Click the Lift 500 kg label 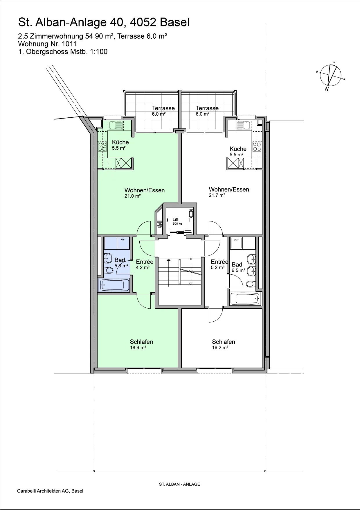177,221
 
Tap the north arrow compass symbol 330,76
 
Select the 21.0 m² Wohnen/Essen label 145,193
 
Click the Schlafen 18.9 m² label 141,344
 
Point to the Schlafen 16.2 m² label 223,344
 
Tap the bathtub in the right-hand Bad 245,299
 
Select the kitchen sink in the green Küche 116,126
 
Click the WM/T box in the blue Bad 123,243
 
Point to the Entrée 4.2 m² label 145,264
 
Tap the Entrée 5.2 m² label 219,264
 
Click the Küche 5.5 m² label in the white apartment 238,152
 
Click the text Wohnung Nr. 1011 47,44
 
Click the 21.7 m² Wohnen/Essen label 229,192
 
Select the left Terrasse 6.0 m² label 163,111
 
